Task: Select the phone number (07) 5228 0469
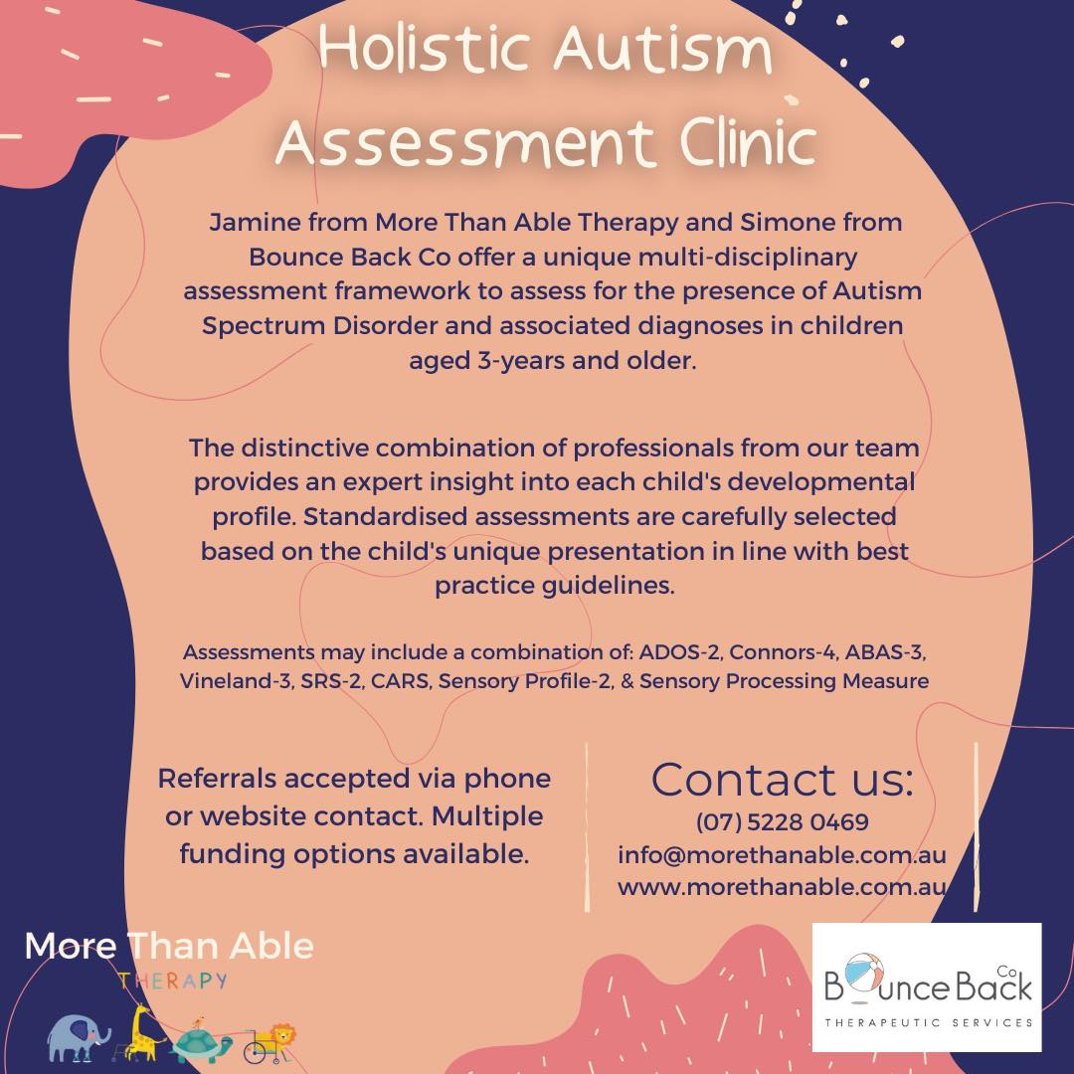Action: [x=783, y=822]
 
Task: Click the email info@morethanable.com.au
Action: [x=782, y=855]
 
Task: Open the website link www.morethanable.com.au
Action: [x=782, y=887]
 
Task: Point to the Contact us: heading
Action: [x=783, y=780]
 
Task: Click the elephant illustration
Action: [x=79, y=1037]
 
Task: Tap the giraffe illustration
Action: [x=142, y=1033]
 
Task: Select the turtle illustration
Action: [x=200, y=1041]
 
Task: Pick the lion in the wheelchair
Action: [x=271, y=1042]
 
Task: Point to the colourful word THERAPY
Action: [x=173, y=981]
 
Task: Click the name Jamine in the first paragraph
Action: [x=255, y=223]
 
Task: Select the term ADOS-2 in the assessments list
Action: [x=679, y=651]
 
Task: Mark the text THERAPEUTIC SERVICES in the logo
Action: [x=929, y=1022]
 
